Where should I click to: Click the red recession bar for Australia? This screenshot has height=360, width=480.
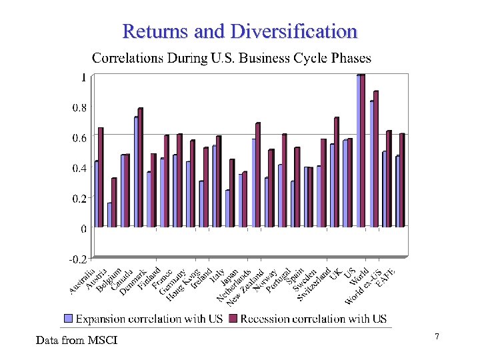[101, 177]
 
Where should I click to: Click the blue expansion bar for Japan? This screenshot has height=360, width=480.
[227, 209]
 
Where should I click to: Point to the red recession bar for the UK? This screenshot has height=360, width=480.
[336, 172]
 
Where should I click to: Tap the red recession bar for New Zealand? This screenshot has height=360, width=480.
[257, 175]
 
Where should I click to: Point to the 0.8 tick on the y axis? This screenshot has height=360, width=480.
[79, 107]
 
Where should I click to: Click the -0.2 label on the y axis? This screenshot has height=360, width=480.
[78, 258]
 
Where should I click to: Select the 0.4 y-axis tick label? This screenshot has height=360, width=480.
[79, 167]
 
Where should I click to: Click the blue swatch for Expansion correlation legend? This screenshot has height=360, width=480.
[68, 319]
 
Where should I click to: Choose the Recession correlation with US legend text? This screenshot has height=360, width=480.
[313, 319]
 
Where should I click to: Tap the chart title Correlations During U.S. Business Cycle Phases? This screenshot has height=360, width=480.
[231, 58]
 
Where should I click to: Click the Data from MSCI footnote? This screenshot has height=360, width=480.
[77, 341]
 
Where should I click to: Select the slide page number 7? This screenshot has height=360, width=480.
[437, 337]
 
